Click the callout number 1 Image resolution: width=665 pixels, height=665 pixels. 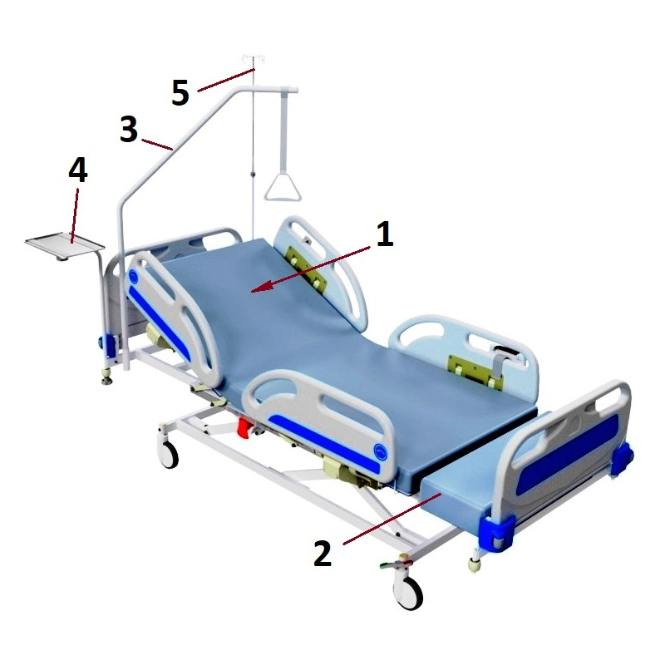(384, 234)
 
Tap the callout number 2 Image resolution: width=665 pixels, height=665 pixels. (323, 553)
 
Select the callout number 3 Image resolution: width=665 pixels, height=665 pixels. (129, 129)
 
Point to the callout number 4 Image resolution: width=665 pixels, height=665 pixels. (78, 170)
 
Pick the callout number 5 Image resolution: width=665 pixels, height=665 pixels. (180, 93)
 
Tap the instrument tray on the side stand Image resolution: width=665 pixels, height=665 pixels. (65, 245)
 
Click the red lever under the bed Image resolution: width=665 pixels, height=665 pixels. (244, 427)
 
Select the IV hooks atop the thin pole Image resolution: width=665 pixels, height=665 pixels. (254, 58)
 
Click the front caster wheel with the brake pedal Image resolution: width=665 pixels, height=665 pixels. (408, 593)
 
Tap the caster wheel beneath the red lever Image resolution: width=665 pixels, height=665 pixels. (169, 454)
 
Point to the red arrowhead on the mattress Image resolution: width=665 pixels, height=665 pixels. (261, 288)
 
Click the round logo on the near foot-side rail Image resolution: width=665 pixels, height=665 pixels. (381, 452)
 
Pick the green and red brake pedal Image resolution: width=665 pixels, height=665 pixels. (397, 564)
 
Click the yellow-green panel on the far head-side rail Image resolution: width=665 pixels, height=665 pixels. (307, 267)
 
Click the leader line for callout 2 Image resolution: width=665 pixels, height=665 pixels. (392, 519)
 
